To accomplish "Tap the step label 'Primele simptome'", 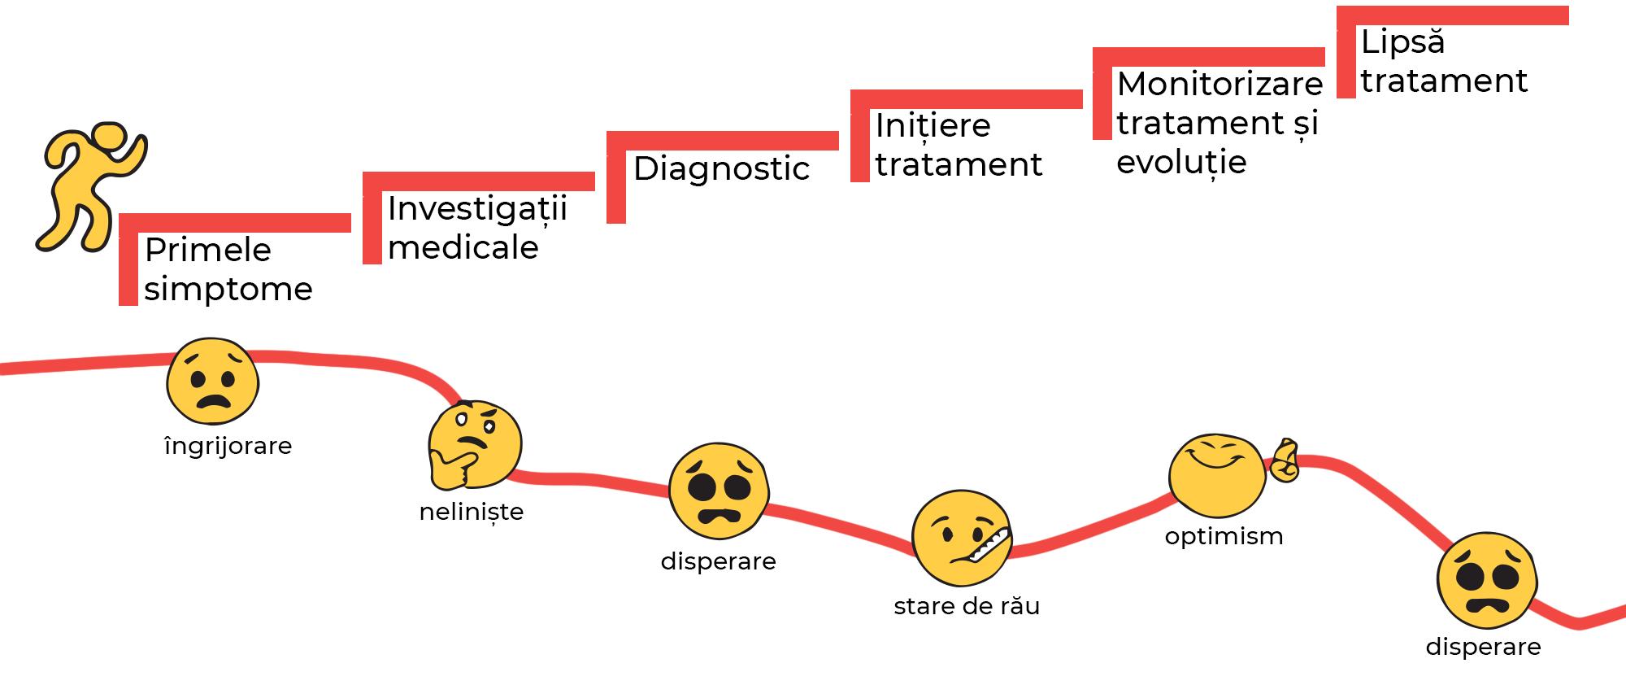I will (228, 269).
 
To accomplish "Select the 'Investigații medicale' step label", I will (476, 228).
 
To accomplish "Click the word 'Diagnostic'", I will (721, 169).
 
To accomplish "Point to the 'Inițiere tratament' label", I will (958, 145).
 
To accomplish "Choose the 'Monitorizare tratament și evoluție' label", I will (1219, 123).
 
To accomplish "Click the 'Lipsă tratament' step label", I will (1444, 62).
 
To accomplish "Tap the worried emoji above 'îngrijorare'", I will (213, 382).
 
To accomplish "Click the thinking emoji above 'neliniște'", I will (475, 445).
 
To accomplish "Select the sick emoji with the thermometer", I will (960, 538).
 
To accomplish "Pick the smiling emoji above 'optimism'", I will (1217, 476).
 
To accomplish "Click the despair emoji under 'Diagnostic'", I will (719, 491).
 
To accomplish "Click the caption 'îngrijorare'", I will (228, 446).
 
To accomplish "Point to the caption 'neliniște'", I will (472, 512).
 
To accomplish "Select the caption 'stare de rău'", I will (967, 607).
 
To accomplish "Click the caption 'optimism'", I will (1224, 536).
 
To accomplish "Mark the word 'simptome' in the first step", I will (228, 290).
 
